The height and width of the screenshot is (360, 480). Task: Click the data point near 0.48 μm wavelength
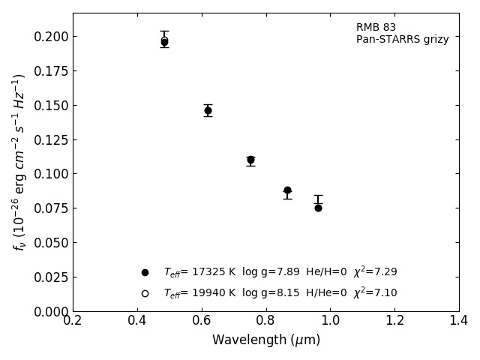click(x=164, y=42)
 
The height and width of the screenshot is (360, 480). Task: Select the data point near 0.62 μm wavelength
click(x=208, y=110)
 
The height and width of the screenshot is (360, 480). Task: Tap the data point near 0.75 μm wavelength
click(x=250, y=160)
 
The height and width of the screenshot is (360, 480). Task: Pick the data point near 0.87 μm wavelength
click(x=287, y=190)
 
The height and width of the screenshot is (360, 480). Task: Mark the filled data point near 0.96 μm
click(x=318, y=208)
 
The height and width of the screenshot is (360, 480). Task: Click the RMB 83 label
click(x=376, y=28)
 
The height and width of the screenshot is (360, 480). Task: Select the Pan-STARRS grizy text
click(x=402, y=40)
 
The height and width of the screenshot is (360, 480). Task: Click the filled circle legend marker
click(x=145, y=272)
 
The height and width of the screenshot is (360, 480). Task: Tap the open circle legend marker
click(x=145, y=293)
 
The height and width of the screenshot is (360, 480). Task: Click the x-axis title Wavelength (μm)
click(x=265, y=340)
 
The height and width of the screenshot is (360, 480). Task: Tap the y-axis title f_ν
click(x=19, y=161)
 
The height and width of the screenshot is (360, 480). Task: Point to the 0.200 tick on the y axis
click(x=51, y=37)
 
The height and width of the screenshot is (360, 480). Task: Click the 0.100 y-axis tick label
click(x=51, y=174)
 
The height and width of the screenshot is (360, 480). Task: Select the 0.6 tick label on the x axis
click(x=201, y=321)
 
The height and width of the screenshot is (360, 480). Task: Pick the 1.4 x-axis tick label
click(x=459, y=321)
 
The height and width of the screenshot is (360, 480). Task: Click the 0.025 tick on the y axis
click(x=51, y=277)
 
